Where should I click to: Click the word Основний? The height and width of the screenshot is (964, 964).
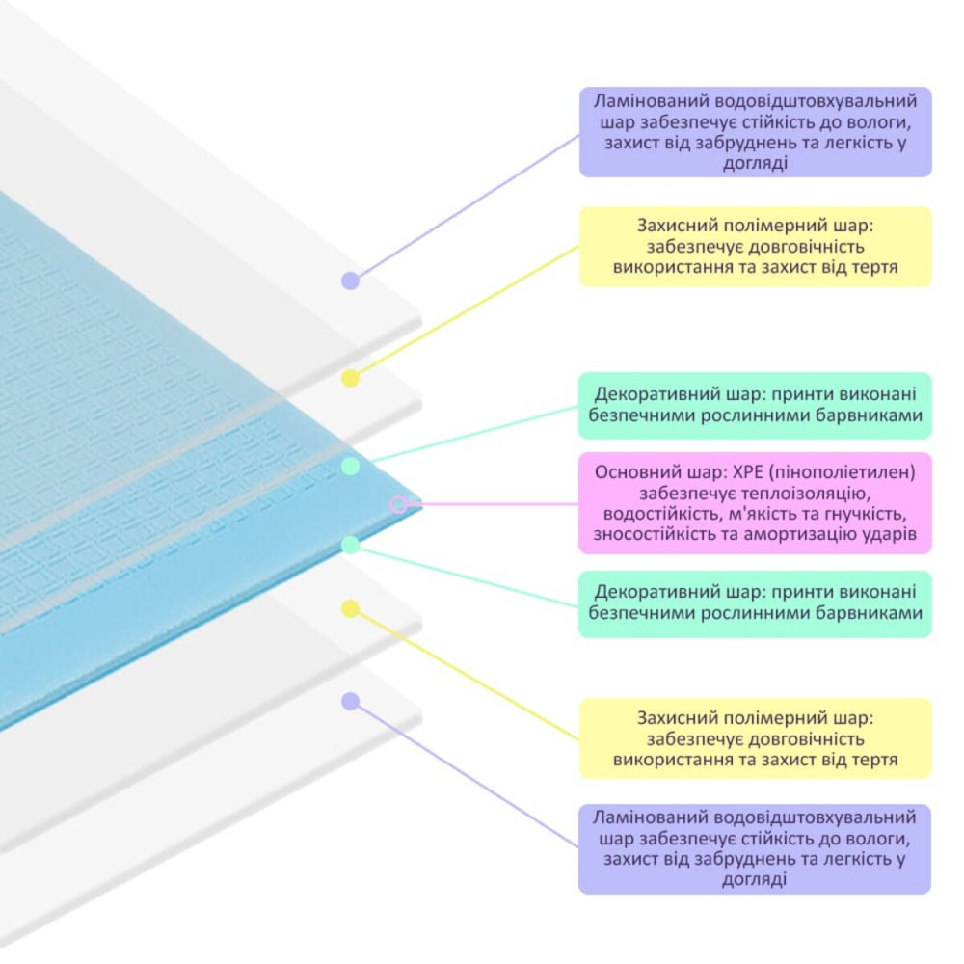[630, 471]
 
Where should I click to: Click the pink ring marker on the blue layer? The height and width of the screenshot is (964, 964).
[398, 503]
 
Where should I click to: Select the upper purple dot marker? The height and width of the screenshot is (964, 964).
[351, 281]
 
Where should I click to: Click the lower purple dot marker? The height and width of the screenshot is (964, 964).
[351, 702]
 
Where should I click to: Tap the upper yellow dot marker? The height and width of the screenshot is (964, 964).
[351, 378]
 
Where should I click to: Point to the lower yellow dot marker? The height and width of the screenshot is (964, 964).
[351, 608]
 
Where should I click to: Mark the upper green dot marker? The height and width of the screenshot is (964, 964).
[351, 466]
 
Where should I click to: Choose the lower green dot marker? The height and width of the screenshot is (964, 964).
[351, 545]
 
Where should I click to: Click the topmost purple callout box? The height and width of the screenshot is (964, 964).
[755, 132]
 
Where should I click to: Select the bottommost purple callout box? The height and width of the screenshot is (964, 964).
[755, 848]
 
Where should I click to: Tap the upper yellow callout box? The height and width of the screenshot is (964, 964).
[755, 247]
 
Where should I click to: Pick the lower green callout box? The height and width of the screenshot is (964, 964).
[755, 603]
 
